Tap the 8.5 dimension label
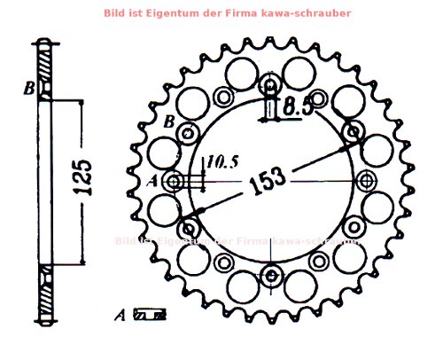(x=298, y=107)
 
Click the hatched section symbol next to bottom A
(x=148, y=314)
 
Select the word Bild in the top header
(x=115, y=13)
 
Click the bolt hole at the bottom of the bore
(x=270, y=279)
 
